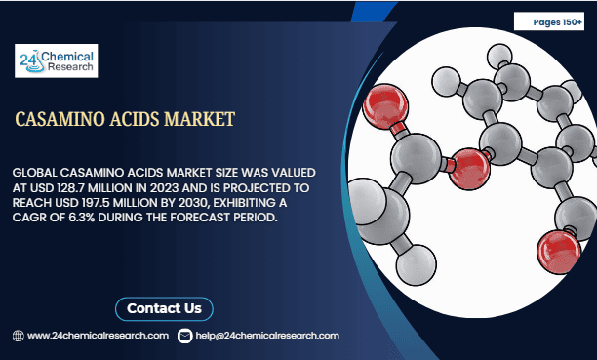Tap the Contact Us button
tap(164, 308)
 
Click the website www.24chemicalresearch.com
tap(99, 336)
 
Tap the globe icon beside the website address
tap(18, 336)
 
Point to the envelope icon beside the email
tap(186, 336)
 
